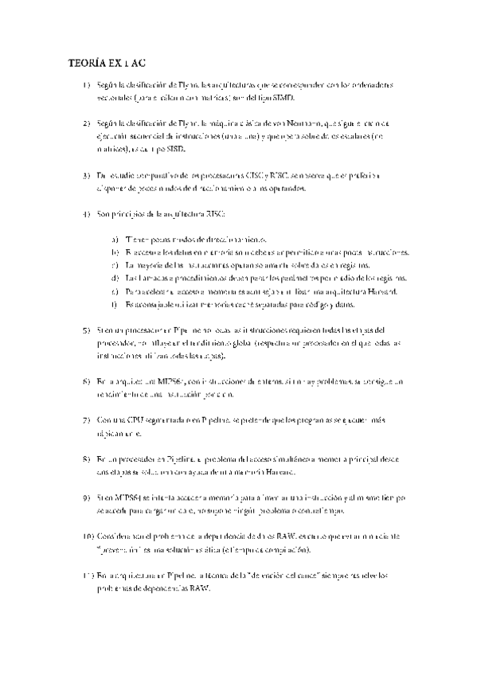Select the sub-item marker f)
pyautogui.click(x=116, y=304)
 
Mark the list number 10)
pyautogui.click(x=88, y=536)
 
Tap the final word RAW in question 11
pyautogui.click(x=197, y=587)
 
